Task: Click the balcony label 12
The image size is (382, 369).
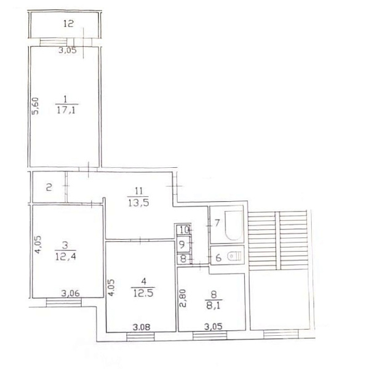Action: click(x=68, y=24)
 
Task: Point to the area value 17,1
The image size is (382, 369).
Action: click(x=66, y=110)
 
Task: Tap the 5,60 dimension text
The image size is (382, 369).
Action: click(x=35, y=106)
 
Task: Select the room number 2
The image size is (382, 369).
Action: click(x=49, y=188)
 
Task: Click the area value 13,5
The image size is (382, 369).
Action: click(x=138, y=203)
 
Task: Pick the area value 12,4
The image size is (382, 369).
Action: click(x=66, y=256)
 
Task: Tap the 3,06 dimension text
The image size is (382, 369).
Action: click(x=70, y=293)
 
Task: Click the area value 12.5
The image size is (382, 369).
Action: click(x=143, y=293)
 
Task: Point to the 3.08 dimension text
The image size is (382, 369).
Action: click(x=141, y=327)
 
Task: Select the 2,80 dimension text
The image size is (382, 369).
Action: click(x=183, y=298)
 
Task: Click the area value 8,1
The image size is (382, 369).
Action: click(x=213, y=306)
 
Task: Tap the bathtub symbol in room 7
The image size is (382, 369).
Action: click(x=234, y=226)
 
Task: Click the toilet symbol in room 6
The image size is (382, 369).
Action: click(x=234, y=256)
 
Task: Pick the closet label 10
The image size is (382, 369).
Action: click(x=185, y=229)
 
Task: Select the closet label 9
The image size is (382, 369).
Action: click(x=182, y=244)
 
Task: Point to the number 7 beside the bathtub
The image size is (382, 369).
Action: click(x=217, y=223)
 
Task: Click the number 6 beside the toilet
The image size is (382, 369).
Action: click(x=218, y=258)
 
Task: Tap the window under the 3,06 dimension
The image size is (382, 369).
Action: click(x=64, y=303)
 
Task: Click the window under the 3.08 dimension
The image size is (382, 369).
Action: click(x=140, y=336)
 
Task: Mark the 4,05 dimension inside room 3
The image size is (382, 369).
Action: click(x=39, y=245)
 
